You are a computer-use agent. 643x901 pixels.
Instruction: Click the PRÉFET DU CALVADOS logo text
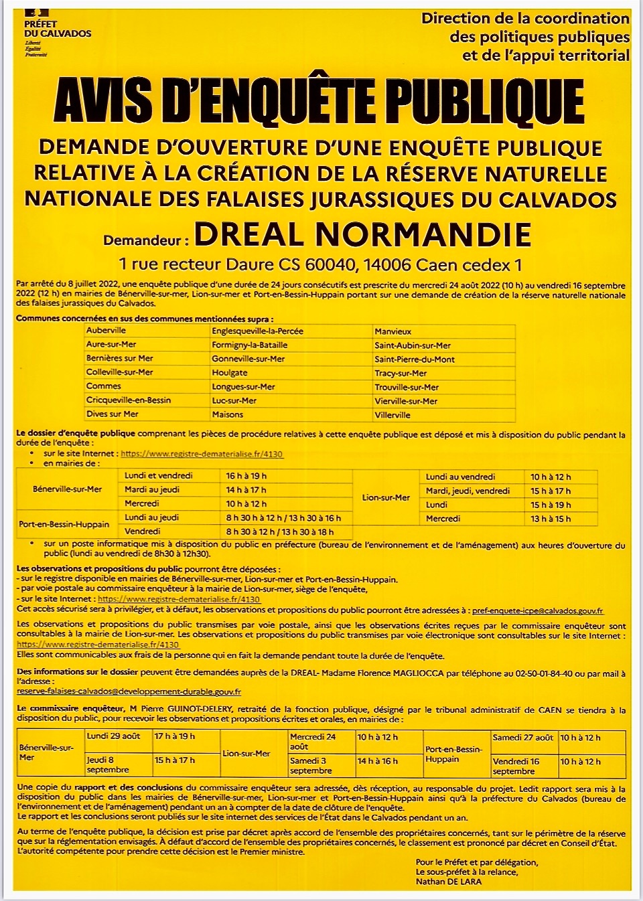point(57,29)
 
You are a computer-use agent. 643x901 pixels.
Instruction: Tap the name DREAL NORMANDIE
point(362,234)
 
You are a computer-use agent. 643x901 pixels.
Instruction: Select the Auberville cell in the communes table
point(106,331)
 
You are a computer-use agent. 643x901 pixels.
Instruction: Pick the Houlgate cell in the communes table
point(230,373)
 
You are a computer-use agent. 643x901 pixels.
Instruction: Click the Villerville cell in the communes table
point(392,415)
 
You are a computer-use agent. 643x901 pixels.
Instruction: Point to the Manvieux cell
point(393,331)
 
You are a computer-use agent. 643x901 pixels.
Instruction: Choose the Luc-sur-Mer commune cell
point(234,400)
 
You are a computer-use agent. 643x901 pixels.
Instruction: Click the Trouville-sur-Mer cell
point(407,387)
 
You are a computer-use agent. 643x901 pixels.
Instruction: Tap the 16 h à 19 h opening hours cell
point(246,476)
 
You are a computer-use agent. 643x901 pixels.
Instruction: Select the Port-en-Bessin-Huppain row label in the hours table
point(64,524)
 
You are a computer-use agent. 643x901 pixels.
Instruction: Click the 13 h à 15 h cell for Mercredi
point(551,519)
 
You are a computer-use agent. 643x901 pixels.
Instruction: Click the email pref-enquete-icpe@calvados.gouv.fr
point(537,610)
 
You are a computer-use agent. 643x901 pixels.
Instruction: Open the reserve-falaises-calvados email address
point(129,691)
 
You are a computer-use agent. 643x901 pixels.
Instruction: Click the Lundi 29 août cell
point(113,736)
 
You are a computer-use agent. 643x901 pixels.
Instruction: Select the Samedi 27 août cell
point(522,738)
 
